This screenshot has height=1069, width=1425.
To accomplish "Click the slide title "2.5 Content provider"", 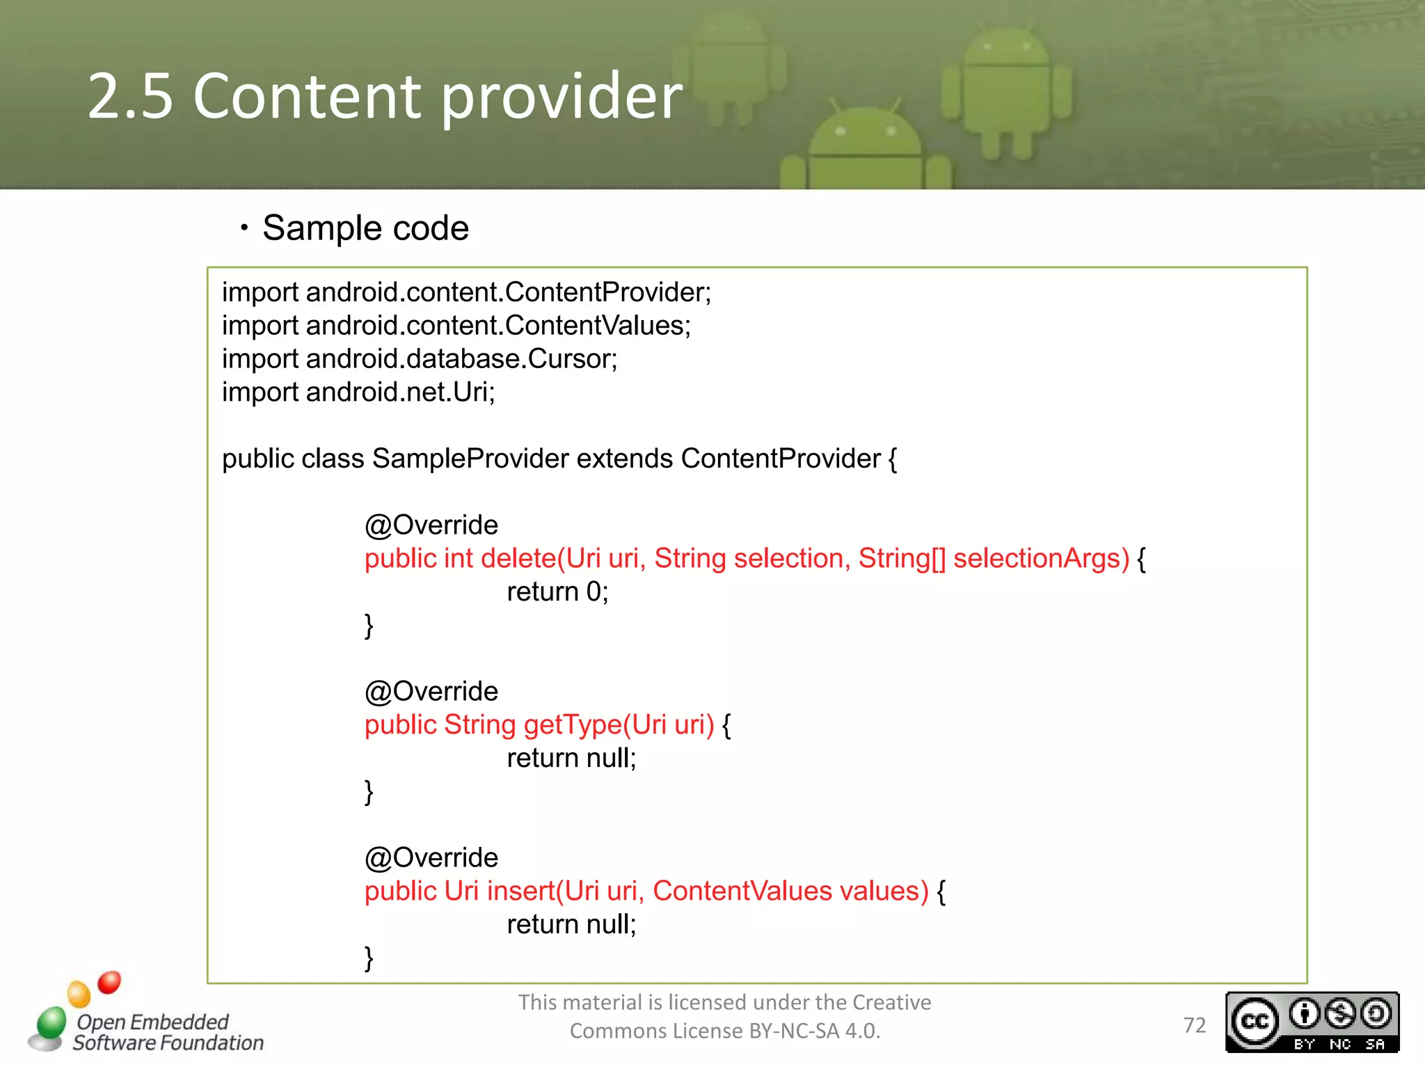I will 385,96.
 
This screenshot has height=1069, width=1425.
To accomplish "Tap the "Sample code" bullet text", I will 365,228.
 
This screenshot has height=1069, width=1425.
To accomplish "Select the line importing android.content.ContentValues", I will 456,326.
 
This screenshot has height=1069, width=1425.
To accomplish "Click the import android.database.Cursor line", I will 420,359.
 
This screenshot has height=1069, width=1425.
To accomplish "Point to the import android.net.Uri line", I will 358,393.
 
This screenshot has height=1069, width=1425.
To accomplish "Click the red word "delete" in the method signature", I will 518,559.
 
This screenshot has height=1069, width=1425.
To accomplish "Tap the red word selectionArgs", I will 1041,559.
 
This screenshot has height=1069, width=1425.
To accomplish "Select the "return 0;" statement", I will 557,592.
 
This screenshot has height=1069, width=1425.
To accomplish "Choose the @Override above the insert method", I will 431,858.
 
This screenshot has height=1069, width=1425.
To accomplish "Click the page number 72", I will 1195,1025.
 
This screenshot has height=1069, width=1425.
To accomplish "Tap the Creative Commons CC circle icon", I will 1255,1022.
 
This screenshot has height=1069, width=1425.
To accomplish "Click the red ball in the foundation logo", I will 109,982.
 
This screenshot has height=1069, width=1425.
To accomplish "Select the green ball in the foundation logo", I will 51,1022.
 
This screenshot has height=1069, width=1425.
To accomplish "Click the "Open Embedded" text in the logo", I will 152,1022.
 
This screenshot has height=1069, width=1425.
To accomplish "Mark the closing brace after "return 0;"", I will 369,626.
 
